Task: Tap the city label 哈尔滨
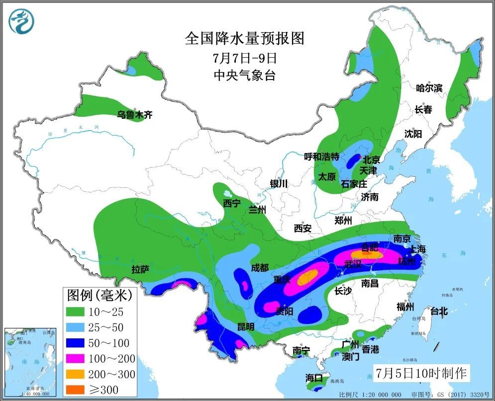429,88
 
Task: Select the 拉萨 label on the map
140,269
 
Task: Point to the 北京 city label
371,160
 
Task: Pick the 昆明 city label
245,326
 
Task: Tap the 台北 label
438,312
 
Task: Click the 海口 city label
314,379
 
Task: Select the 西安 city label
302,228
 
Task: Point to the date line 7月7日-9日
244,58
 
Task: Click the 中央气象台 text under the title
244,76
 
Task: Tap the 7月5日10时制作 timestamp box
421,372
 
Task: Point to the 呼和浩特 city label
321,157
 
